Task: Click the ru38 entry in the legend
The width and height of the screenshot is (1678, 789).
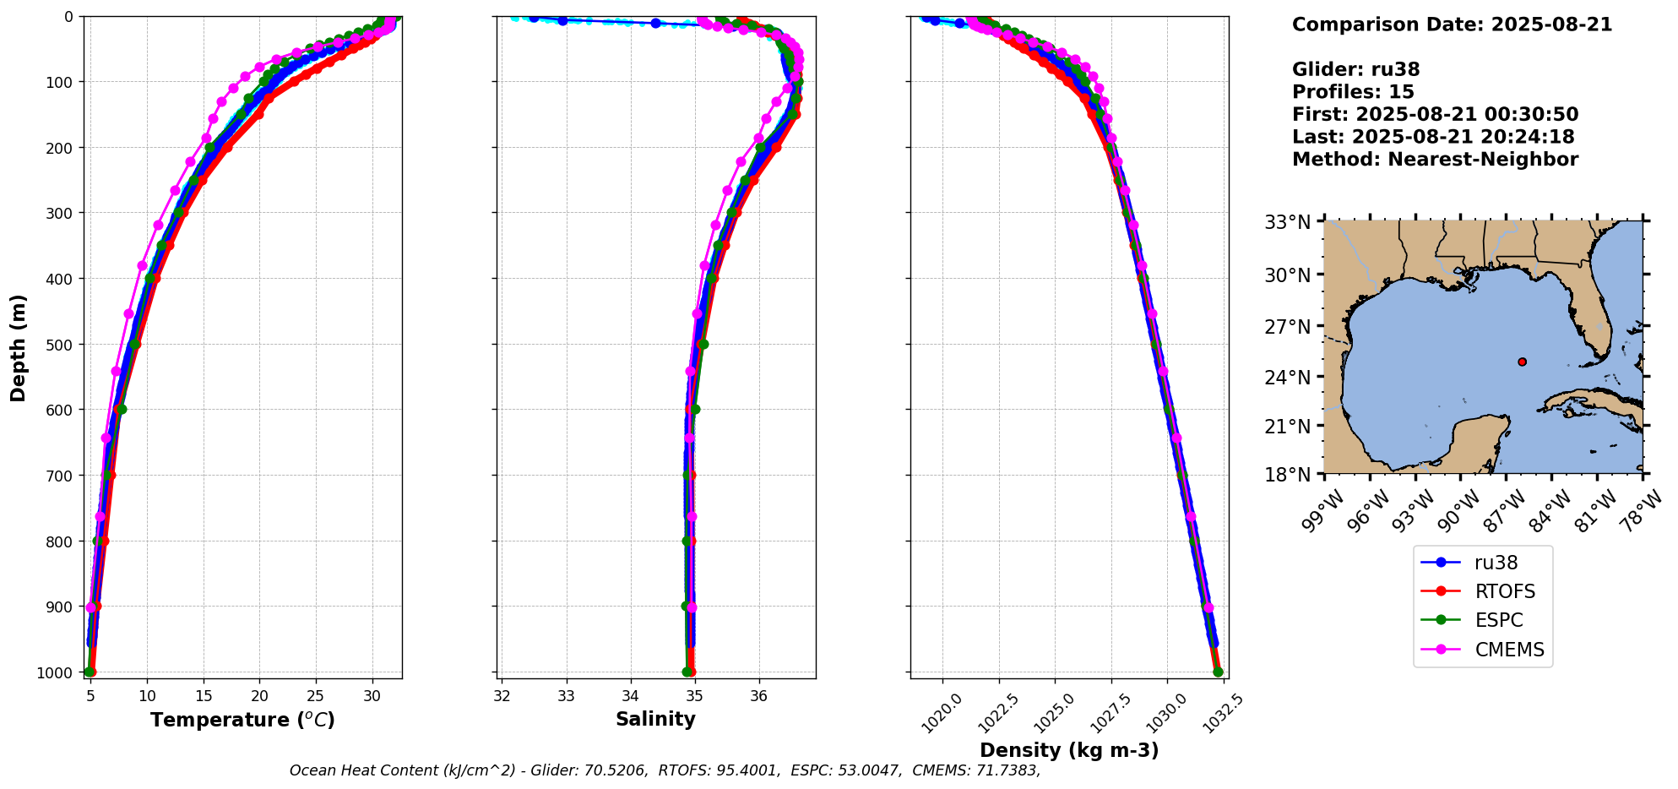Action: [1495, 563]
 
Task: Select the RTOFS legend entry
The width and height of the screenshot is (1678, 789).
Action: [1504, 591]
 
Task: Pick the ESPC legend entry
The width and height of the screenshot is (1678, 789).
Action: [1498, 620]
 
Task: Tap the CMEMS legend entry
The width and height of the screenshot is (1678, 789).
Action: [1509, 650]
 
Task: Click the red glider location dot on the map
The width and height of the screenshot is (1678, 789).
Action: [1522, 362]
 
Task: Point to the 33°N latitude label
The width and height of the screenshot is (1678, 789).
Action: [1287, 223]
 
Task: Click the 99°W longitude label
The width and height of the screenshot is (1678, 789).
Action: [1322, 512]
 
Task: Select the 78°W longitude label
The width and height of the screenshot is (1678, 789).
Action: [1643, 512]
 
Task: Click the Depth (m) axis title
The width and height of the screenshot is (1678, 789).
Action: [19, 347]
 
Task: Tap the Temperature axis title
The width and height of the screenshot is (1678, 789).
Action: [242, 720]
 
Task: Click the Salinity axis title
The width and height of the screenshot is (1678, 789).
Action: [655, 720]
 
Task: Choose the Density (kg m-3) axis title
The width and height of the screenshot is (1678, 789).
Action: [1069, 750]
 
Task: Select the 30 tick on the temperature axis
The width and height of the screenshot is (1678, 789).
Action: [372, 696]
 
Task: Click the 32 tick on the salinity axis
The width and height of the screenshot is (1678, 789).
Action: [502, 696]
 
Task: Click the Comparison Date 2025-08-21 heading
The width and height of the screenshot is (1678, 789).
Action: [1452, 24]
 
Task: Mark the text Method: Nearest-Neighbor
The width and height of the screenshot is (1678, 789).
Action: [1435, 160]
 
